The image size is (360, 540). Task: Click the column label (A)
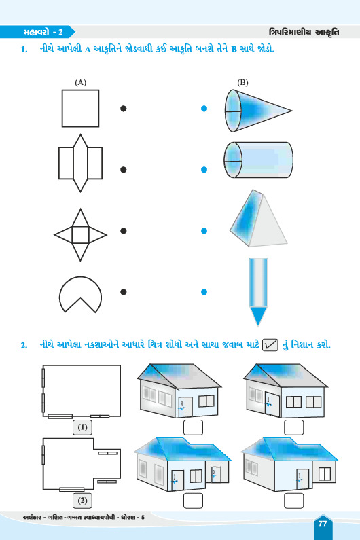[x=80, y=82]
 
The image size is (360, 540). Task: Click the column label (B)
[x=242, y=82]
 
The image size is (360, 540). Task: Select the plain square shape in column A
[x=80, y=109]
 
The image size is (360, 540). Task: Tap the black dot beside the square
[x=124, y=109]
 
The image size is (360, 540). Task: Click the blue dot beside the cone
[x=204, y=109]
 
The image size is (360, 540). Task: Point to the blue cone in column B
[x=258, y=111]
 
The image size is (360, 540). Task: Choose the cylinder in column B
[x=258, y=160]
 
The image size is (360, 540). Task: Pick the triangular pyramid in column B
[x=258, y=218]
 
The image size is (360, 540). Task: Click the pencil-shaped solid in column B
[x=258, y=292]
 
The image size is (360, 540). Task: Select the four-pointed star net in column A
[x=80, y=235]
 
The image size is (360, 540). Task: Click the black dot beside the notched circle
[x=124, y=292]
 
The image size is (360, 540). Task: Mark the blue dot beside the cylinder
[x=204, y=169]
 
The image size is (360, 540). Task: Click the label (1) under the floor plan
[x=82, y=427]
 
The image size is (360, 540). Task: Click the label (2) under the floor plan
[x=82, y=501]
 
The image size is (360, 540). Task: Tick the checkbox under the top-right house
[x=294, y=427]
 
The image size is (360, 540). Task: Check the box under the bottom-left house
[x=193, y=501]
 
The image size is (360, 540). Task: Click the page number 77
[x=323, y=524]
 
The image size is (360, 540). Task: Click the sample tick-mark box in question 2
[x=270, y=345]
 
